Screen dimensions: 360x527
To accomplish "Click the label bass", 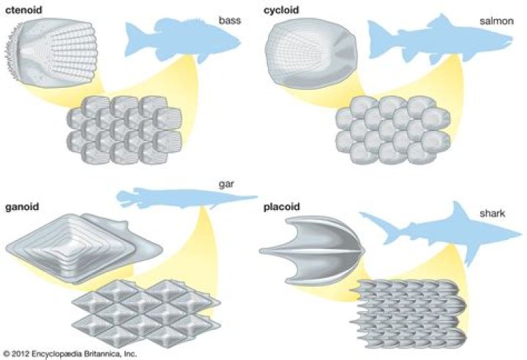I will pos(230,21).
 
